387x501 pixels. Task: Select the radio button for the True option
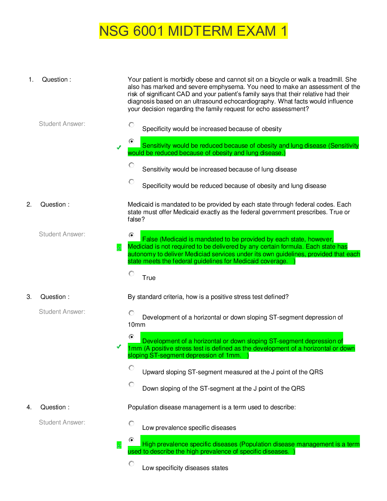click(x=132, y=274)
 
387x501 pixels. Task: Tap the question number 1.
click(x=31, y=80)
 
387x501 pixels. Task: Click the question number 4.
click(x=29, y=407)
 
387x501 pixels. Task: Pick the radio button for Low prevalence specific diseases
click(x=132, y=423)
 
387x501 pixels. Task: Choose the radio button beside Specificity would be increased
click(x=132, y=125)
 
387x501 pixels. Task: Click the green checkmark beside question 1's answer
click(x=119, y=147)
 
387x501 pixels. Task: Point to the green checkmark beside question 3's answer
click(x=119, y=347)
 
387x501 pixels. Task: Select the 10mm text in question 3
click(x=137, y=325)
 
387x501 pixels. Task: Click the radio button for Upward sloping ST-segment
click(x=132, y=368)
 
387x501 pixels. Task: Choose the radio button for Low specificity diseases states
click(x=132, y=464)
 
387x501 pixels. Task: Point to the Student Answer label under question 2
click(x=62, y=234)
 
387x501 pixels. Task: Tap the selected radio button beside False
click(x=132, y=235)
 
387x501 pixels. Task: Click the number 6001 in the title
click(x=149, y=31)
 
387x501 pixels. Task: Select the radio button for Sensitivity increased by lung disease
click(x=132, y=165)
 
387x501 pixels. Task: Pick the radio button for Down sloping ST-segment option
click(x=132, y=384)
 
